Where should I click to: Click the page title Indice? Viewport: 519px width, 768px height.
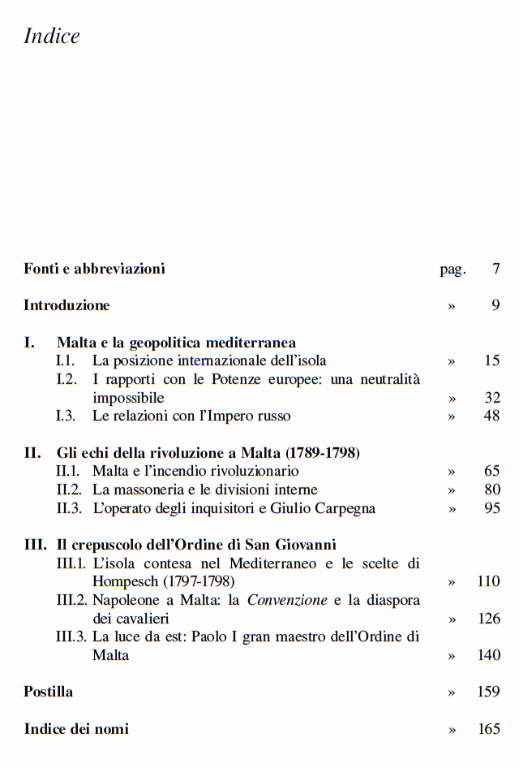52,37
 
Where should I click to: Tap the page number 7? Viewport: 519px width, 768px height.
495,269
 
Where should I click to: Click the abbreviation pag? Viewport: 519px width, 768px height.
453,270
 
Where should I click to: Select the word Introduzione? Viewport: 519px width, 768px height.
66,305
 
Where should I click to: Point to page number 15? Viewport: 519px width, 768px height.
491,360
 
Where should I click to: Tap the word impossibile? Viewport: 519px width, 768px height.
128,398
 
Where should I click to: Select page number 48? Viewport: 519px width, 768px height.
491,416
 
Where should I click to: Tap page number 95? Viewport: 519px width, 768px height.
491,508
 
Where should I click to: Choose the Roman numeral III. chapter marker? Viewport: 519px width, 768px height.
36,544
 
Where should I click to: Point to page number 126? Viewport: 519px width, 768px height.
489,619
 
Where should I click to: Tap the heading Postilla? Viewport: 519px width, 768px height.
49,692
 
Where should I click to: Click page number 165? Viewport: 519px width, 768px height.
489,729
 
